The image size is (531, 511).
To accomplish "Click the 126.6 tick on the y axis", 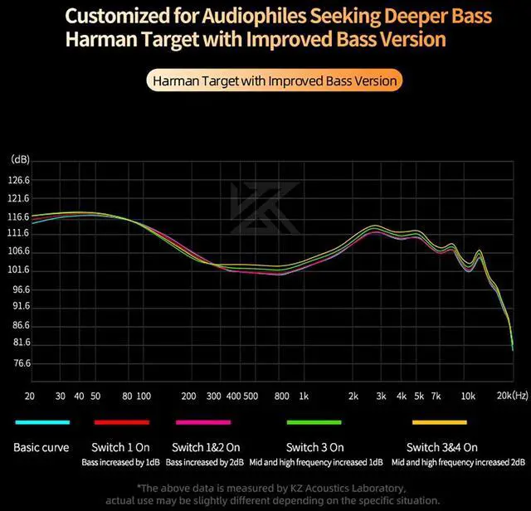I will coord(19,180).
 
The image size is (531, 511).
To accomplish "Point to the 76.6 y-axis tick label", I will coord(19,363).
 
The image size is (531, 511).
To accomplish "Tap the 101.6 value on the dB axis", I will coord(19,270).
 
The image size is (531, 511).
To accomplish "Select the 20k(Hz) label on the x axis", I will coord(512,397).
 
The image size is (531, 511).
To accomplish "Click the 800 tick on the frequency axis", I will coord(282,397).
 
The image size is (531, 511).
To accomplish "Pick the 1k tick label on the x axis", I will coord(304,397).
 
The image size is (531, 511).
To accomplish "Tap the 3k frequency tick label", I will coord(381,397).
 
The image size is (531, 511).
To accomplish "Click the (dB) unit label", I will coord(20,158).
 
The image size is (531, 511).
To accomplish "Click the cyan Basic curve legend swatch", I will coord(41,422).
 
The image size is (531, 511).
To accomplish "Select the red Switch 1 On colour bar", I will coord(121,422).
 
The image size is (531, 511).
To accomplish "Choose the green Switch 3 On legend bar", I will coord(314,422).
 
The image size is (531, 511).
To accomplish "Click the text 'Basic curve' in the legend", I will coord(41,447).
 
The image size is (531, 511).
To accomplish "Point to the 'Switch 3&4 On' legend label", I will coord(442,447).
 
